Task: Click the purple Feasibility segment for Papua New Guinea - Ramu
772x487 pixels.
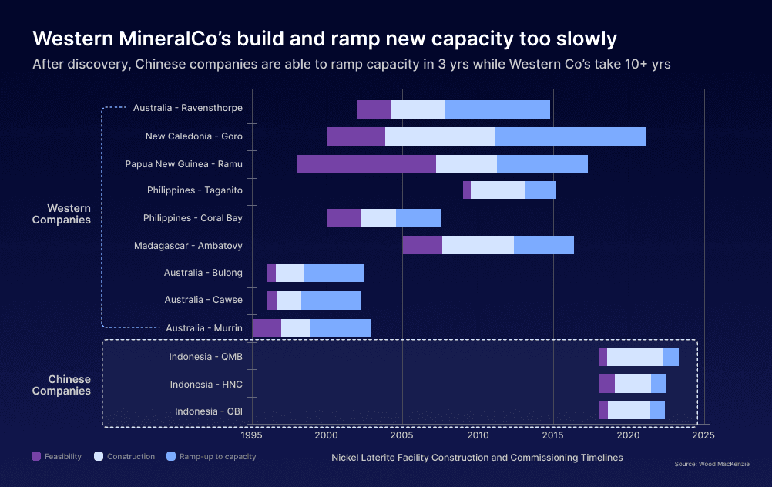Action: tap(366, 163)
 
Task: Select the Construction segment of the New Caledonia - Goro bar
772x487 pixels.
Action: tap(439, 136)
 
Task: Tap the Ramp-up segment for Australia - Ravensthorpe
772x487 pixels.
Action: tap(497, 109)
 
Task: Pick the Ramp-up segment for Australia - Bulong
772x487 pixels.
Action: tap(333, 273)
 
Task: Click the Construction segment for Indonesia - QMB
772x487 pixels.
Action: tap(635, 357)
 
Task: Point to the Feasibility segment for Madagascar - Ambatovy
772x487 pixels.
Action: tap(422, 245)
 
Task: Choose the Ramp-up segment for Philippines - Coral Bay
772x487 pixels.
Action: tap(418, 218)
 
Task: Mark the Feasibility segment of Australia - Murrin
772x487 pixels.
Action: tap(267, 327)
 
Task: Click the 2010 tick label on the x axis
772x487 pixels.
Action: tap(478, 435)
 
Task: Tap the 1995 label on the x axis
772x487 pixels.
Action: tap(252, 435)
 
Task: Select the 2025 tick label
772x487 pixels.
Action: tap(703, 435)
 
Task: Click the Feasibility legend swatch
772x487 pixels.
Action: tap(35, 456)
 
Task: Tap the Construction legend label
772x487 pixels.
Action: tap(130, 456)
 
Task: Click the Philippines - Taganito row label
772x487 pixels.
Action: tap(194, 190)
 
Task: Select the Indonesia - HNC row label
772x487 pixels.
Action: tap(206, 384)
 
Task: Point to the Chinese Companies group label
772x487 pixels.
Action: tap(69, 385)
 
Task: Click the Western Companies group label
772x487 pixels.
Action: tap(69, 213)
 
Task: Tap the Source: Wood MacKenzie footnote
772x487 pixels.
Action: tap(711, 464)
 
